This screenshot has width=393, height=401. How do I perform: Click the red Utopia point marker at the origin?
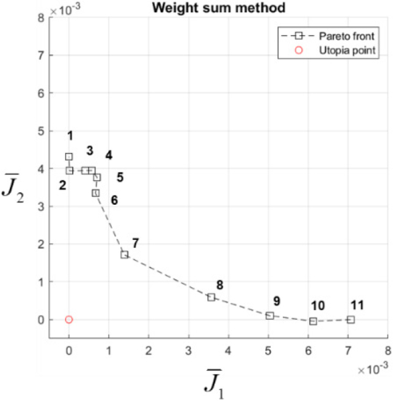tap(69, 320)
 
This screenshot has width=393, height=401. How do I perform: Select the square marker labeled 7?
tap(125, 254)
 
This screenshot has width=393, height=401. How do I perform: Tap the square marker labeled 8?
tap(211, 297)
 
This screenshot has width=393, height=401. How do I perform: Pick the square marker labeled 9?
tap(270, 315)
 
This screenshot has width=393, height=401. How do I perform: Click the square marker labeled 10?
tap(314, 321)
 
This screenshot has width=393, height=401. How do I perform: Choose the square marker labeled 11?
tap(351, 320)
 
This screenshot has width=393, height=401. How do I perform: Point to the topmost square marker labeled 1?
tap(69, 156)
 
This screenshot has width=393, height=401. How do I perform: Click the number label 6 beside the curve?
tap(114, 200)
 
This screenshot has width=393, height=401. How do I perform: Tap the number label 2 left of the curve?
tap(62, 185)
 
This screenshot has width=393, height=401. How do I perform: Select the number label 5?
tap(120, 177)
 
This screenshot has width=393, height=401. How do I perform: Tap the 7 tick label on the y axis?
tap(42, 56)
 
